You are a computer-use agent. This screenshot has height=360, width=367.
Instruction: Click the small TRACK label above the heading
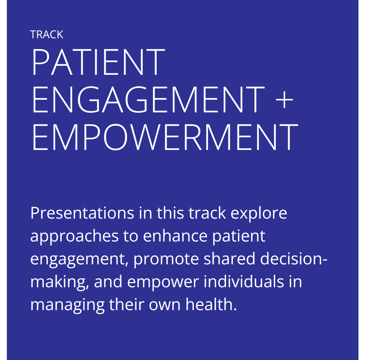tap(46, 34)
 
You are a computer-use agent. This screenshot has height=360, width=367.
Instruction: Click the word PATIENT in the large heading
tap(99, 62)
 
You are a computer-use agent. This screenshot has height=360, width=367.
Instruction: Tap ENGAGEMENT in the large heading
tap(148, 99)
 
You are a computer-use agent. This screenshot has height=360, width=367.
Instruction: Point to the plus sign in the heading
tap(284, 100)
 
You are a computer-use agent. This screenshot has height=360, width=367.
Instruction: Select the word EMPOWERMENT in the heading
tap(165, 137)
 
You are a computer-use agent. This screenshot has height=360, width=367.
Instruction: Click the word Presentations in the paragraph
tap(82, 213)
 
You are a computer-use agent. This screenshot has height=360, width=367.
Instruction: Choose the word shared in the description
tap(229, 258)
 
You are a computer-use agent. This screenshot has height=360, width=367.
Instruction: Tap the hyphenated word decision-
tap(294, 258)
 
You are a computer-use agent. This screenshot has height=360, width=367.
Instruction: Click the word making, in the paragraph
tap(60, 282)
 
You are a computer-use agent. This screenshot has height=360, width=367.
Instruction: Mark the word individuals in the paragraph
tap(244, 281)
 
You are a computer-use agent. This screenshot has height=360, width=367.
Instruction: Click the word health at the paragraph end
tap(211, 304)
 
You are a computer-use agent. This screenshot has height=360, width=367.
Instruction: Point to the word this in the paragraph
tap(170, 213)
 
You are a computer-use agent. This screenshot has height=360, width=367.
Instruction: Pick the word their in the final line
tap(127, 304)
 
